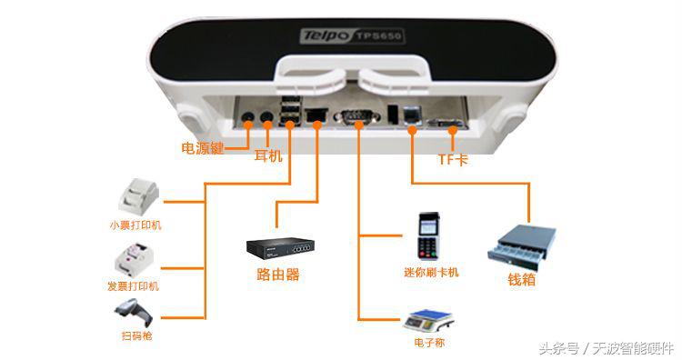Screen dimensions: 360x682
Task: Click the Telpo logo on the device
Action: point(324,36)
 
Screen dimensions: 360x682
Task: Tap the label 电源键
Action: point(202,148)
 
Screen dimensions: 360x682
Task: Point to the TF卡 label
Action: point(453,159)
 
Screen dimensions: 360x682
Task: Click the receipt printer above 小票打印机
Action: point(141,195)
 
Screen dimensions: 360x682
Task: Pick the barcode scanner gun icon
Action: point(134,314)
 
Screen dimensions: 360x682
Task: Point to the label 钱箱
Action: point(521,280)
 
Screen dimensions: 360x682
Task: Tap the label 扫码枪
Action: point(136,336)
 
